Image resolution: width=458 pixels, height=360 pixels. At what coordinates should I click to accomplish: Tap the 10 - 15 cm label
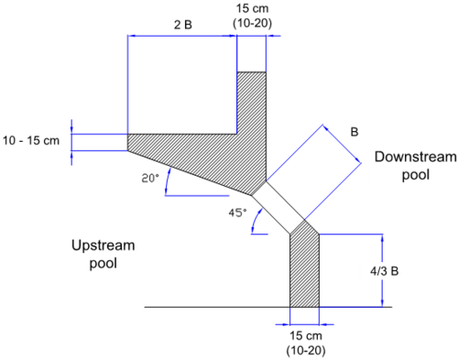coord(34,141)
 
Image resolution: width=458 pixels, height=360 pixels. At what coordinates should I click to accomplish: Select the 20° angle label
coord(149,179)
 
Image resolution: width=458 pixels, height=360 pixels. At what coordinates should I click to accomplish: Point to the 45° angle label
coord(238,213)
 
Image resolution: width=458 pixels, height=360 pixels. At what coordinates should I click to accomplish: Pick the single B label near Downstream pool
coord(354,131)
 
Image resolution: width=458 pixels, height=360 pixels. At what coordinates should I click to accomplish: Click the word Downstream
coord(414,157)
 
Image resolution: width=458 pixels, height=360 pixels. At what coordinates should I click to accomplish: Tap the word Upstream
coord(104,245)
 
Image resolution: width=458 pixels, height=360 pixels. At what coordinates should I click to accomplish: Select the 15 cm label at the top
coord(252,8)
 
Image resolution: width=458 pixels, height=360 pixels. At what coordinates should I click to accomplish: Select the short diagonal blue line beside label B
coord(341,144)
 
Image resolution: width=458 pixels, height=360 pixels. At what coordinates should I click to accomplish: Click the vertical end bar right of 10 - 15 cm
coord(72,141)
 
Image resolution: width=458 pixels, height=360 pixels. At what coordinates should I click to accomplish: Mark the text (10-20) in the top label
coord(252,23)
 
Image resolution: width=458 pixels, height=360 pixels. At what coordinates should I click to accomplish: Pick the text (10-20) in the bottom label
coord(303,351)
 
